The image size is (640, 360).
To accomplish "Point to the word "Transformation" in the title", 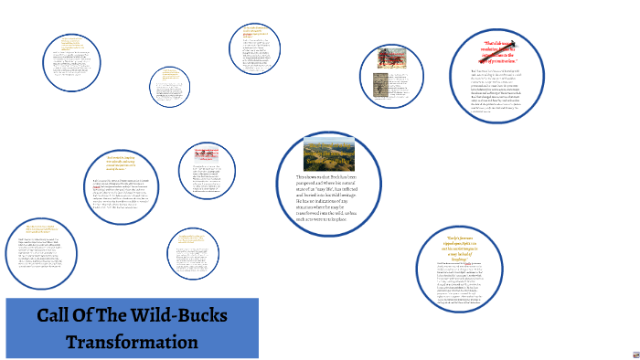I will click(132, 342).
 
